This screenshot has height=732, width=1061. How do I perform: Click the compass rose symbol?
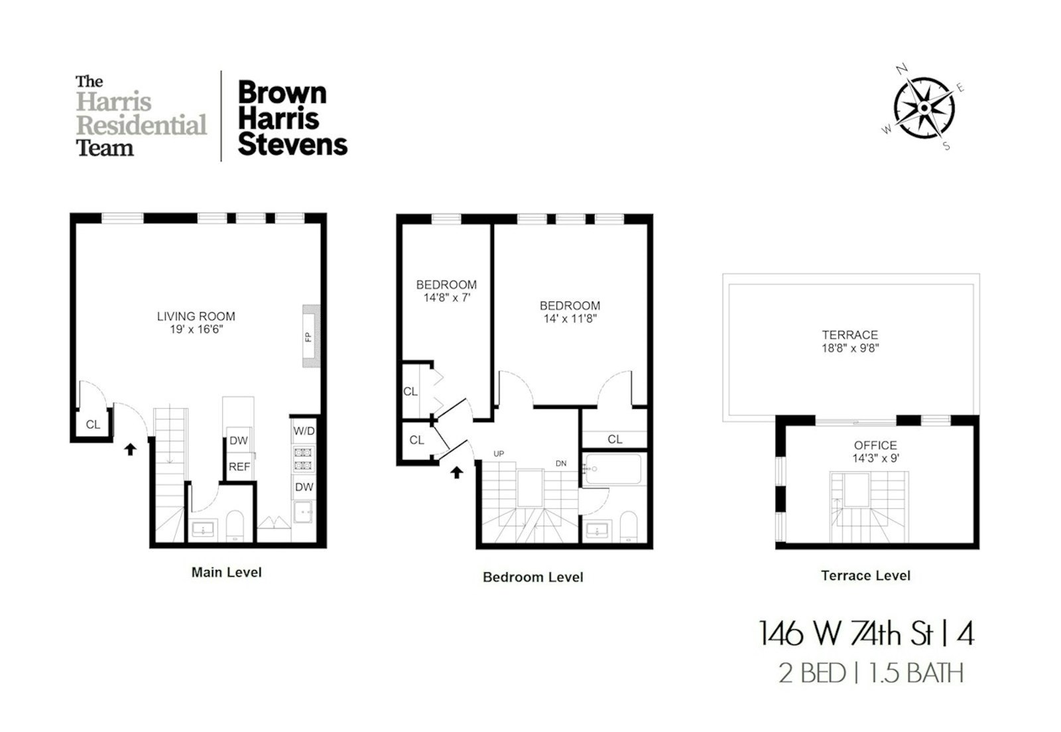click(x=923, y=108)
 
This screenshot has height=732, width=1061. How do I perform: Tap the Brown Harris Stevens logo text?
click(x=292, y=118)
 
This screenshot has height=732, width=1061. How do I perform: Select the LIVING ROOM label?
click(x=196, y=317)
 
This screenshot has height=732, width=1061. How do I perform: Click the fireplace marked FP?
click(x=310, y=336)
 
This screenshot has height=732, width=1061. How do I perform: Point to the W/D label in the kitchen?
click(x=304, y=431)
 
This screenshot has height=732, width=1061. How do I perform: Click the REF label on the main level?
click(x=239, y=467)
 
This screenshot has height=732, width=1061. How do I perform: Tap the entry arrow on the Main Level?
click(x=130, y=449)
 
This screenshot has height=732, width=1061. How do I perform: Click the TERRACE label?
click(x=850, y=335)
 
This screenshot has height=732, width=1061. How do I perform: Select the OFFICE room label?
click(x=875, y=445)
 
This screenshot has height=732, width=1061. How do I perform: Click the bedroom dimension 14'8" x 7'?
click(x=446, y=298)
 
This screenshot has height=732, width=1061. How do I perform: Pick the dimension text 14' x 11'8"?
click(x=570, y=319)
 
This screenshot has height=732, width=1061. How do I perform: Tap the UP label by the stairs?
click(x=499, y=454)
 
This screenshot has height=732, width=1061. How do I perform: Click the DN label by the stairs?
click(x=561, y=463)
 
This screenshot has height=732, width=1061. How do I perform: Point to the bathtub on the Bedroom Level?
click(x=613, y=469)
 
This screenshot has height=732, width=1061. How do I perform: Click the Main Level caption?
click(x=226, y=572)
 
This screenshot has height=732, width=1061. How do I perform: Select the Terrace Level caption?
click(x=865, y=575)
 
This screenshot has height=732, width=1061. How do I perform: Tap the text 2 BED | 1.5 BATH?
click(x=871, y=673)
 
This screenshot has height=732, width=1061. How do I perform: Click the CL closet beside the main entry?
click(x=93, y=425)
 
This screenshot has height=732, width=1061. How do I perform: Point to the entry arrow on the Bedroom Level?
click(x=456, y=473)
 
